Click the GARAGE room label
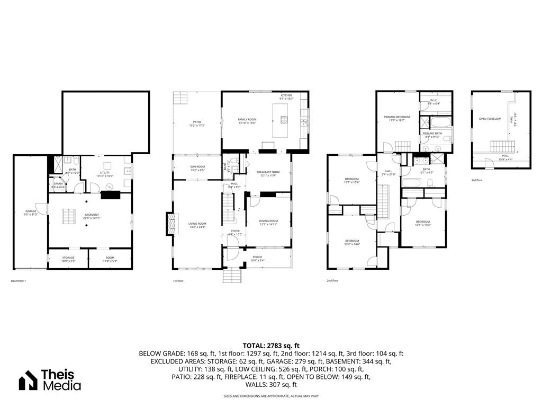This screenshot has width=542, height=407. (31, 212)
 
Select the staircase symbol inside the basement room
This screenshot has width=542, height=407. (67, 216)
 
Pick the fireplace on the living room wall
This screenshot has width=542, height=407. (170, 224)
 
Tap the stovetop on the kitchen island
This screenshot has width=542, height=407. (283, 119)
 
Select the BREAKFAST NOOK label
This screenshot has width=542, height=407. (268, 173)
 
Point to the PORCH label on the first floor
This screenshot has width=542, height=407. (257, 258)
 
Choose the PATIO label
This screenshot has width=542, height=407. (197, 124)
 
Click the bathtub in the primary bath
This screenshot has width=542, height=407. (435, 122)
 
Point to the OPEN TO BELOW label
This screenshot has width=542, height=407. (490, 119)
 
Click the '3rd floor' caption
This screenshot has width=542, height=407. (477, 180)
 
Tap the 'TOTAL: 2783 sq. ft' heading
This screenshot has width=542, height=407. (270, 346)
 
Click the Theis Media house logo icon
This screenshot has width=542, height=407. (28, 381)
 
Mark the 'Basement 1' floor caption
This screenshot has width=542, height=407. (18, 280)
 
